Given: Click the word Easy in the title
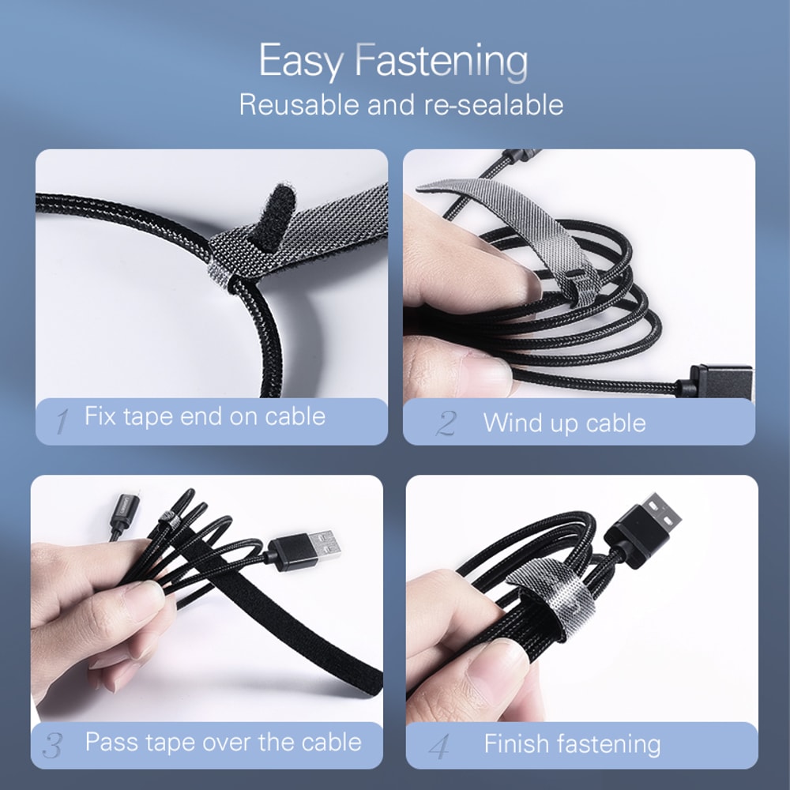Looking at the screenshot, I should (299, 62).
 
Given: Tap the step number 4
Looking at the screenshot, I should (439, 745).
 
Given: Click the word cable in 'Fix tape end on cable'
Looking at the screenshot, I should (295, 416).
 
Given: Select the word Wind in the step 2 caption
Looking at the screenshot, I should (509, 423).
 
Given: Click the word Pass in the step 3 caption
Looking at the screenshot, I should (111, 743).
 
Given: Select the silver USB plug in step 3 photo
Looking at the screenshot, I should (324, 545).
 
